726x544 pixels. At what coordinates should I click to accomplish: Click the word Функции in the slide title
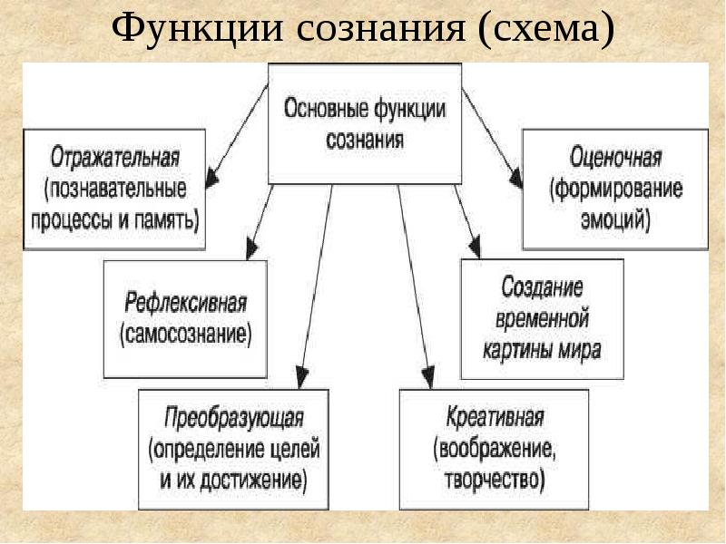pos(197,29)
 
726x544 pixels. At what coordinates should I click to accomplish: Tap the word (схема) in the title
pos(546,29)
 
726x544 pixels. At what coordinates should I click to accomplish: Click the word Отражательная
pos(115,157)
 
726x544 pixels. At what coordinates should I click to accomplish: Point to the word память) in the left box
pos(167,220)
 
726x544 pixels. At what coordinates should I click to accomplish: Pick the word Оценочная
pos(615,157)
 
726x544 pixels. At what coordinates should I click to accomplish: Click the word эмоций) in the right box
pos(615,220)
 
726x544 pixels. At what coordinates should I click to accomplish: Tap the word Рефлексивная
pos(186,304)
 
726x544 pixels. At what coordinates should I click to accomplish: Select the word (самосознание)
pos(186,335)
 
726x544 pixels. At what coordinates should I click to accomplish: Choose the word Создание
pos(542,287)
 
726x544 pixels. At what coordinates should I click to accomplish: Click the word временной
pos(542,319)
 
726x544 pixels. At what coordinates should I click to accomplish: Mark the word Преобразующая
pos(234,418)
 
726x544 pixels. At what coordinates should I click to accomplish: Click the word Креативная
pos(495,417)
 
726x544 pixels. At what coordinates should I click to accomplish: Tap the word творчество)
pos(495,480)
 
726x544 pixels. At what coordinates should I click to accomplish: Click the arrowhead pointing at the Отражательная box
pos(211,178)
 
